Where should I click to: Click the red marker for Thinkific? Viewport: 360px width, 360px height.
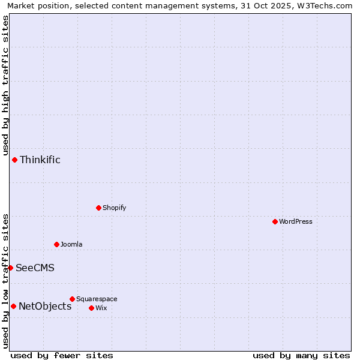click(x=14, y=160)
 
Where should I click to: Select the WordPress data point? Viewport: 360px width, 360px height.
click(x=275, y=221)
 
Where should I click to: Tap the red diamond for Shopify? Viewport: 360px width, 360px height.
click(x=98, y=208)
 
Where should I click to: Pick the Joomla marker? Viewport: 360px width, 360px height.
click(x=56, y=244)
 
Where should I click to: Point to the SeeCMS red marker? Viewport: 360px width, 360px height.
click(x=10, y=268)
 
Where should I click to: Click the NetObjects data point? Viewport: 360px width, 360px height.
click(x=13, y=306)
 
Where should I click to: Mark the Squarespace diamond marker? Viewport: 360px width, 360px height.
click(x=72, y=299)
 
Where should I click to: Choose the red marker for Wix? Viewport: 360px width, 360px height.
click(x=91, y=308)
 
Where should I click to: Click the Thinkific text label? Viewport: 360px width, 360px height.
click(x=40, y=160)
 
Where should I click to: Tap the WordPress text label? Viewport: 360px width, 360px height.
click(x=296, y=221)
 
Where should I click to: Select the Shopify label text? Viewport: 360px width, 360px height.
click(x=114, y=208)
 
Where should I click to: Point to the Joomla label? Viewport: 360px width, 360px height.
click(x=71, y=244)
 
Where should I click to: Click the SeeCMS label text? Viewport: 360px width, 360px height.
click(x=35, y=268)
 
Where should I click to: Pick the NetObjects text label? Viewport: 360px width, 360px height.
click(x=45, y=306)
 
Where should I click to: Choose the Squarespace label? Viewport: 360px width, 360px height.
click(x=97, y=299)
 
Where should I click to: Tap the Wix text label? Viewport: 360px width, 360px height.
click(x=101, y=308)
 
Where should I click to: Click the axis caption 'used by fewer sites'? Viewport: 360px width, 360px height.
click(x=62, y=355)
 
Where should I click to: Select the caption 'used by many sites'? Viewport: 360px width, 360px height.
click(x=301, y=355)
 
